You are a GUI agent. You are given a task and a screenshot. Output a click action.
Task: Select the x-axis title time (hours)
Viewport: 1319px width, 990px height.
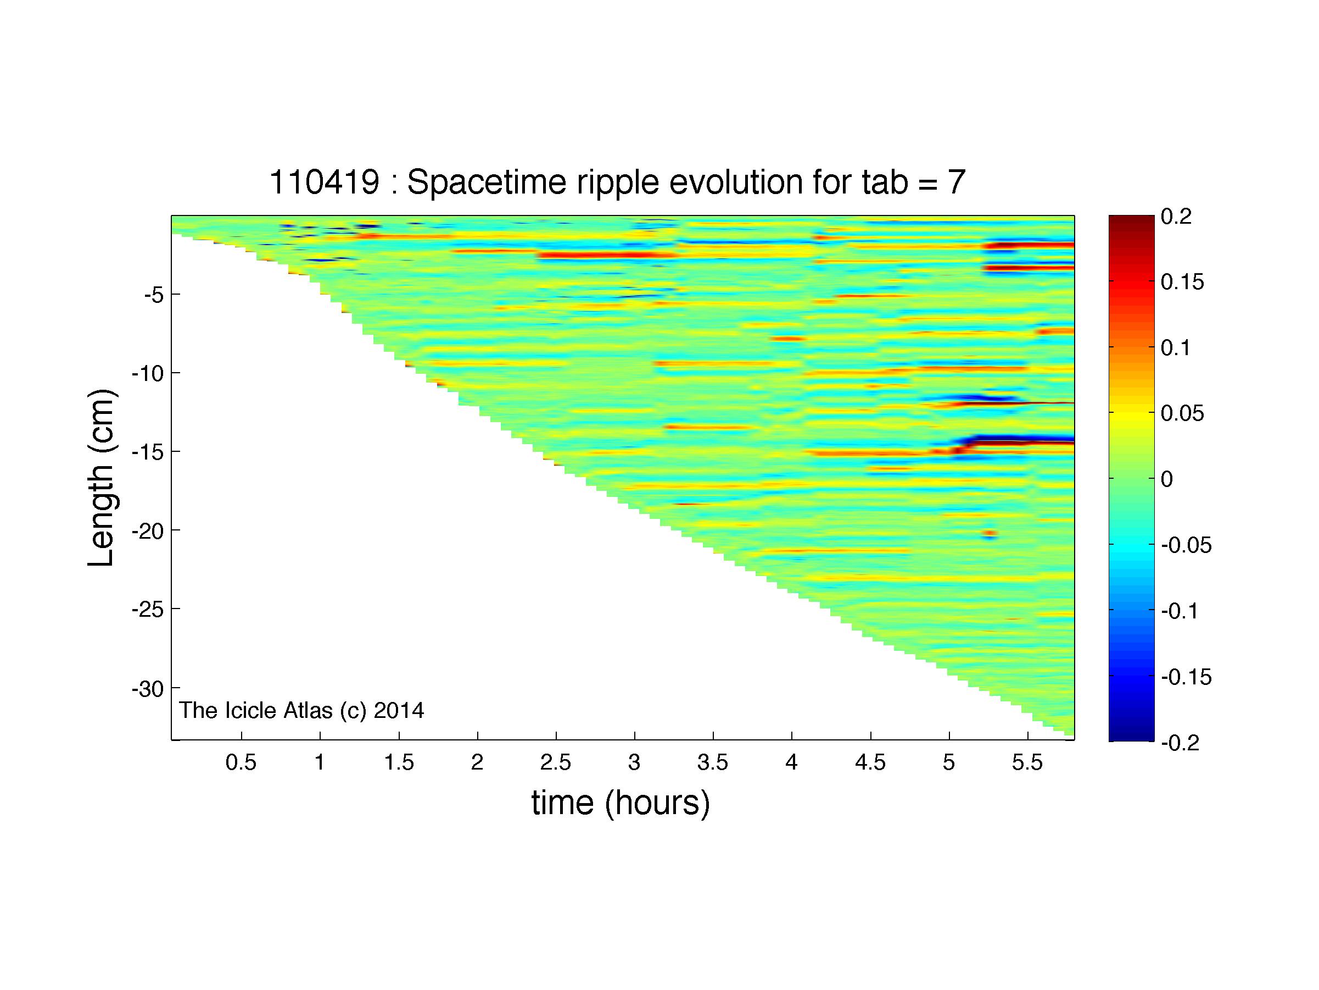(621, 803)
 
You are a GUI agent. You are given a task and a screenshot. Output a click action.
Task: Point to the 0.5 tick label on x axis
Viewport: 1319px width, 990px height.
(241, 762)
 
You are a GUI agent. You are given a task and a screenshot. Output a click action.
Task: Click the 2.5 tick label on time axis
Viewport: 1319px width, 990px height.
(556, 762)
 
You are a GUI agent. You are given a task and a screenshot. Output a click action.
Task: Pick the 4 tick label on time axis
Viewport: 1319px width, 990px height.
(791, 762)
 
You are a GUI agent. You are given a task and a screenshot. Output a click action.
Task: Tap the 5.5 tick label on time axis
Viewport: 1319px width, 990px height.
(1027, 762)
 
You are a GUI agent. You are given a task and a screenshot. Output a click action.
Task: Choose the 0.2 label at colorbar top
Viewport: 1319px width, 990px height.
(1176, 217)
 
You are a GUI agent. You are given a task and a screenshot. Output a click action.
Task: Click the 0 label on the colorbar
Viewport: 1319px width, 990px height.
(1167, 479)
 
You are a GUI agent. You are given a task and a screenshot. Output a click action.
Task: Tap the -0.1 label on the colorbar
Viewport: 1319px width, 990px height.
(1180, 611)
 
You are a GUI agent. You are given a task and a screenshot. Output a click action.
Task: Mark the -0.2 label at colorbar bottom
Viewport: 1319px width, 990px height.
(1180, 743)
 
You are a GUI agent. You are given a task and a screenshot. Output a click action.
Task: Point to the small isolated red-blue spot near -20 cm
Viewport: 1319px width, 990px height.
(990, 535)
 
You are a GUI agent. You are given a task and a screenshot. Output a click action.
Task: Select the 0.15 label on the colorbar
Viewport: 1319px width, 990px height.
(1182, 281)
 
